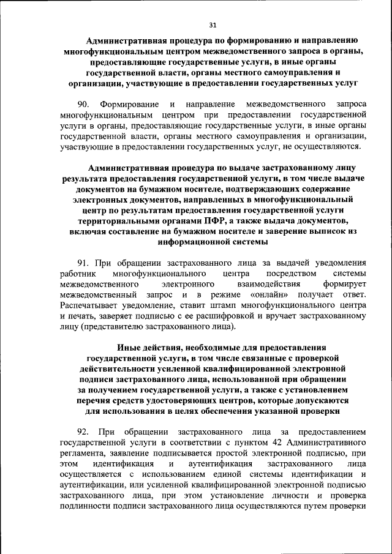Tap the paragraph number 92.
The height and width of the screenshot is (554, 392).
[83, 430]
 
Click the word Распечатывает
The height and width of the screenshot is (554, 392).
[91, 307]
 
